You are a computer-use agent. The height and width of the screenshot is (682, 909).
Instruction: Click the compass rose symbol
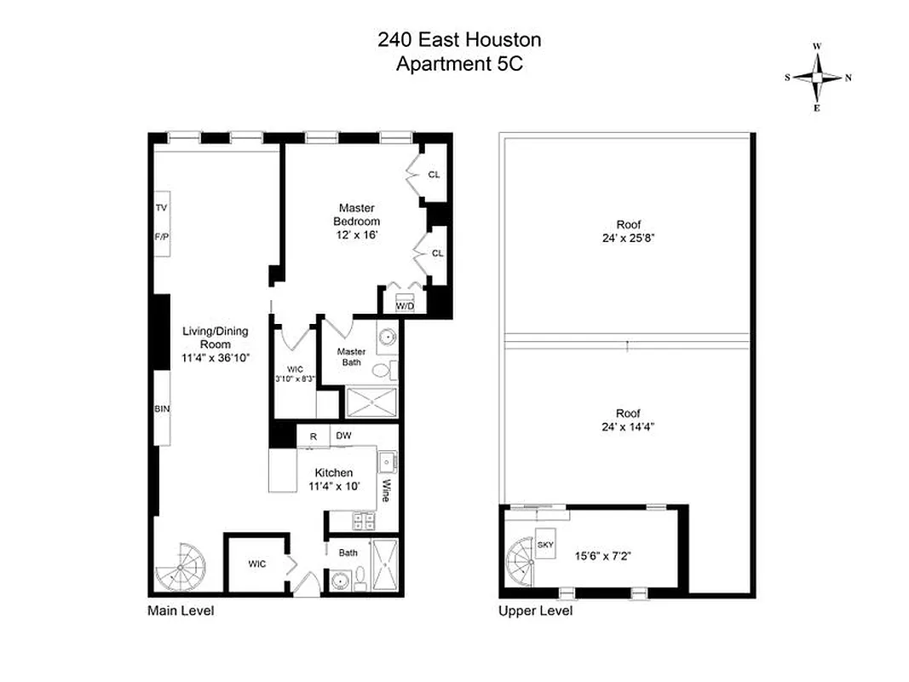817,78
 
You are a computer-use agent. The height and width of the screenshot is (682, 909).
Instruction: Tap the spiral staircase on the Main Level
181,567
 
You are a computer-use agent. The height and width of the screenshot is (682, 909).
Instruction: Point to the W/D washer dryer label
405,305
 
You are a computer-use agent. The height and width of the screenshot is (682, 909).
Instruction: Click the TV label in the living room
161,208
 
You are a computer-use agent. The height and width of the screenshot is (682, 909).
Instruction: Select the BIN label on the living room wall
162,409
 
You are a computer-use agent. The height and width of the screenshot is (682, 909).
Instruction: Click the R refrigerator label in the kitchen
314,436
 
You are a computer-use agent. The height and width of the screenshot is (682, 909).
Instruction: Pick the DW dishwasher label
343,436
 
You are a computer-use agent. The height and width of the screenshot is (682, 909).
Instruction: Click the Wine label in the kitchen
385,489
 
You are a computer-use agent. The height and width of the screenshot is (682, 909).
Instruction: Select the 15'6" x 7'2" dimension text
606,554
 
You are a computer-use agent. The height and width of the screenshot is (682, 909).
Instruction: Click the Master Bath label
351,357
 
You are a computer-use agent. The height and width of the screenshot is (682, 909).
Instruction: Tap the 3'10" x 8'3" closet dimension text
295,379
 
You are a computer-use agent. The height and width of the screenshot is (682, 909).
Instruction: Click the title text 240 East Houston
459,39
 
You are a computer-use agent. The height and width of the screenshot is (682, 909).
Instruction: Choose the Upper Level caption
535,611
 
